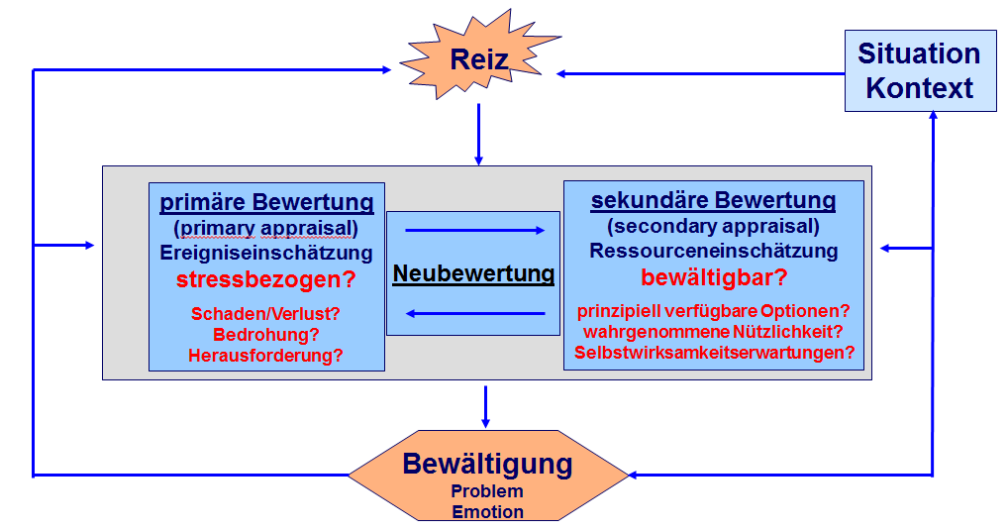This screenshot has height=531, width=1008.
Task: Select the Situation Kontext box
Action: (920, 70)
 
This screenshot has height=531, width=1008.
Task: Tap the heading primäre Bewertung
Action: (266, 202)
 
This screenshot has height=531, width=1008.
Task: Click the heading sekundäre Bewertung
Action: (713, 200)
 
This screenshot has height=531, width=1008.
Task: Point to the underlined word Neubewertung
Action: (473, 273)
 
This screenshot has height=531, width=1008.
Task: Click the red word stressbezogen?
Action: (266, 279)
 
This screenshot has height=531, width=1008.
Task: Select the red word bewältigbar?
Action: (714, 277)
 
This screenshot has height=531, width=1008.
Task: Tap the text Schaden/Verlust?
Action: (265, 314)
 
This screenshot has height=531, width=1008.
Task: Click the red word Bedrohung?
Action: (266, 334)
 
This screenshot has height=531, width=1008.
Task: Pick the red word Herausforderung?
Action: (265, 355)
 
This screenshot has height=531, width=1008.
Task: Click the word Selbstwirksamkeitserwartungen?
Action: (714, 353)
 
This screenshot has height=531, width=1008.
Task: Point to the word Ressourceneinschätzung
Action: (714, 251)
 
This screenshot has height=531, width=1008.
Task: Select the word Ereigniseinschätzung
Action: (266, 253)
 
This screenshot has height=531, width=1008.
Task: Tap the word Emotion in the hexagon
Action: (488, 512)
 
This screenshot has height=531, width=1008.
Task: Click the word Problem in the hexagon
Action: (487, 491)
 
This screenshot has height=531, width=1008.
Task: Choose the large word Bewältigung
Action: (487, 465)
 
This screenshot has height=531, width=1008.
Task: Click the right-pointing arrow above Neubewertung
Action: (475, 230)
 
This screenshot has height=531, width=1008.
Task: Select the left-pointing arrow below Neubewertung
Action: (475, 314)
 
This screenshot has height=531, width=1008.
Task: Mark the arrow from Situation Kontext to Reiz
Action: (701, 74)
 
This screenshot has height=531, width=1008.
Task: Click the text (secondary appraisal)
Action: (714, 226)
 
